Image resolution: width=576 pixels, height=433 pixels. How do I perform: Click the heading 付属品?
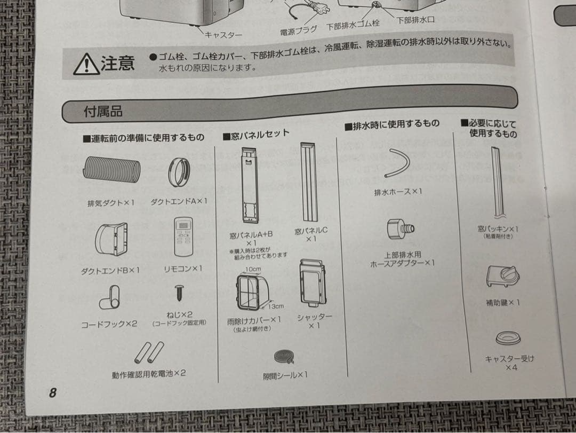click(103, 112)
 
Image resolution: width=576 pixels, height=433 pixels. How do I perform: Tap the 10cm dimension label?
click(253, 269)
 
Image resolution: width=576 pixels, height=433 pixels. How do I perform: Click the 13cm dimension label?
click(276, 306)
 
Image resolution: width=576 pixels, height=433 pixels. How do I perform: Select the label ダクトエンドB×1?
click(110, 270)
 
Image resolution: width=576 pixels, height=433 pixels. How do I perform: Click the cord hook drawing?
click(110, 297)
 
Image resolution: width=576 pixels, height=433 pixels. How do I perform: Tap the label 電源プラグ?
click(298, 31)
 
